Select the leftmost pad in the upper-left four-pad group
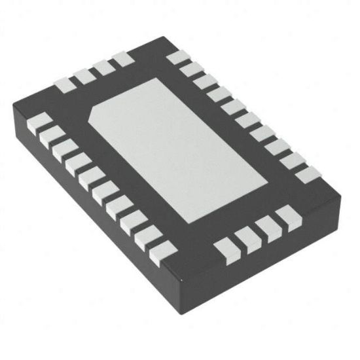point(64,84)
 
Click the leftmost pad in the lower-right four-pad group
point(226,247)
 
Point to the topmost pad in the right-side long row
point(177,58)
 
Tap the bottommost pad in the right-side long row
point(305,174)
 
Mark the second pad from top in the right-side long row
point(191,69)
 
